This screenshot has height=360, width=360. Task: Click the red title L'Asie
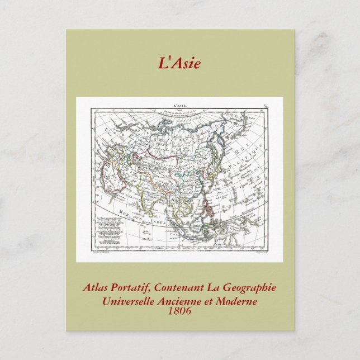[x=179, y=63]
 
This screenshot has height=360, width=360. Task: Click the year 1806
[x=179, y=310]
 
